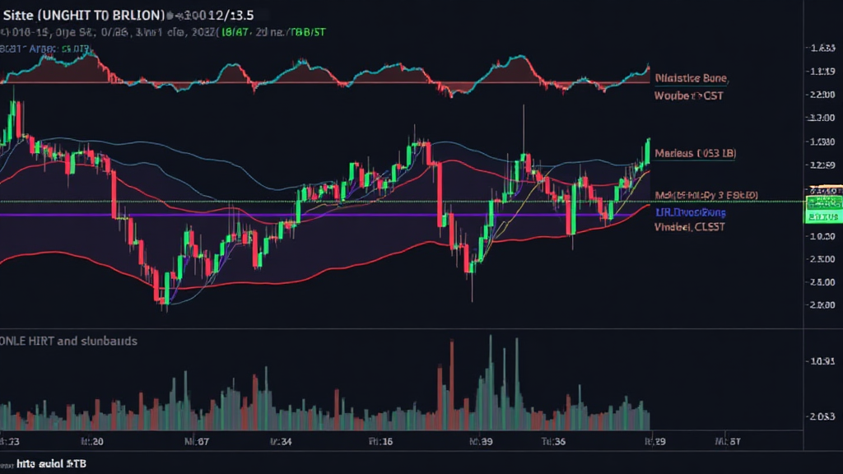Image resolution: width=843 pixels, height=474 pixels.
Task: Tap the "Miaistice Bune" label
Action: point(692,78)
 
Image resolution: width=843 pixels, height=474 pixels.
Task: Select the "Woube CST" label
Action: point(689,96)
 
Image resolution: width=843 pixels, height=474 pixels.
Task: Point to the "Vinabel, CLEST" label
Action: point(690,226)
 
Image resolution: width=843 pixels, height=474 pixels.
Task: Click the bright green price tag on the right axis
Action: point(822,210)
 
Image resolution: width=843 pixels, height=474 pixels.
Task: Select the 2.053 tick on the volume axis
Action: point(823,416)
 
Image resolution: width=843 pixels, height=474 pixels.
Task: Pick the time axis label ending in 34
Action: point(282,441)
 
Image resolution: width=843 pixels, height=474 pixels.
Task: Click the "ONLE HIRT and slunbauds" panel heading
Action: point(69,340)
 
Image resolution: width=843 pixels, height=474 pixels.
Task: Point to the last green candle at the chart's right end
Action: point(648,151)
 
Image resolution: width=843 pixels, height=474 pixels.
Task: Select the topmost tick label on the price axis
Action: point(819,49)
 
